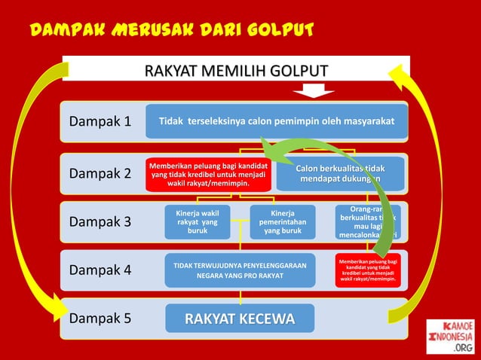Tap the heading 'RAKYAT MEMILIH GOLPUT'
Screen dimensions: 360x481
click(x=236, y=71)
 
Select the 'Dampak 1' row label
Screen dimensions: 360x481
click(x=100, y=121)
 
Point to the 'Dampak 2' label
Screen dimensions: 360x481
click(x=100, y=173)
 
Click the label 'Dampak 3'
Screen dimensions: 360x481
click(x=100, y=222)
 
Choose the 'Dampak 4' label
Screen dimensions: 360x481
click(x=100, y=270)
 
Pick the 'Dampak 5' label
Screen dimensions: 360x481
click(x=100, y=318)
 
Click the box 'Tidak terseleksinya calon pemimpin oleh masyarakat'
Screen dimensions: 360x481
click(x=276, y=121)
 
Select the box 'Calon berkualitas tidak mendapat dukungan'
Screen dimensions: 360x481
click(x=341, y=173)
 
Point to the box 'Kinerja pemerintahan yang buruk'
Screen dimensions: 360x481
click(x=283, y=222)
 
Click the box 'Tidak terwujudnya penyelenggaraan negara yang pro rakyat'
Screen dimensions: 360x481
click(x=240, y=270)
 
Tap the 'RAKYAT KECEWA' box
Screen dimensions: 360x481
click(x=240, y=318)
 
